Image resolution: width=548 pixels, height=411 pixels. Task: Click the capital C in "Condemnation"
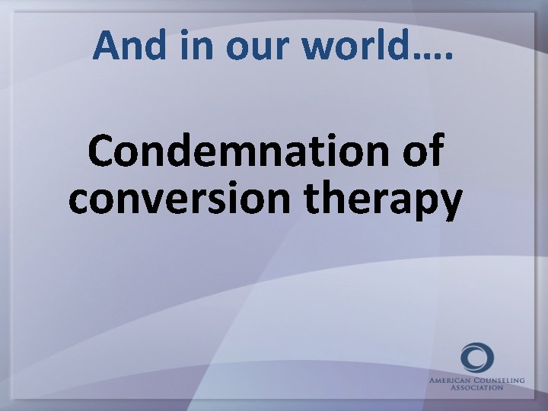coord(103,152)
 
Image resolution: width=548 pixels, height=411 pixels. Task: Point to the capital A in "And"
coord(106,47)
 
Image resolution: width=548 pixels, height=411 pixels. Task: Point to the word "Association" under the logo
coord(476,387)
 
